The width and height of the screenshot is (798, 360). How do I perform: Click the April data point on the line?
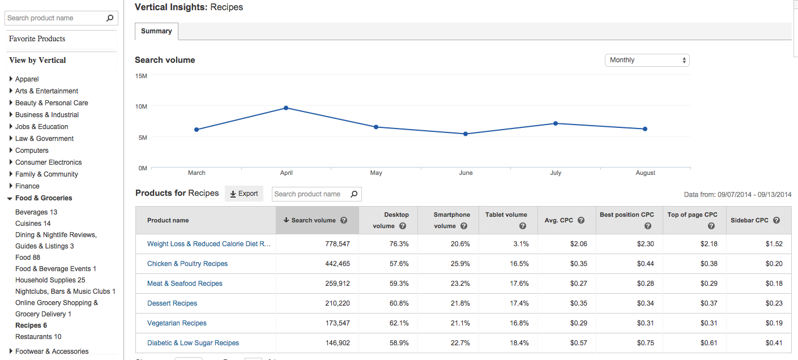click(286, 108)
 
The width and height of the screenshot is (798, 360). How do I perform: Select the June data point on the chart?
click(466, 134)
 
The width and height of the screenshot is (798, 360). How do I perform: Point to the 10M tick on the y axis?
click(141, 106)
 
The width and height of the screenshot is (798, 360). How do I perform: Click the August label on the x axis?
click(645, 173)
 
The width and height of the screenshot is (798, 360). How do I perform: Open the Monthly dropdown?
click(647, 60)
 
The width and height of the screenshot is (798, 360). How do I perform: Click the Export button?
click(244, 194)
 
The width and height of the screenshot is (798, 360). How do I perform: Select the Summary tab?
click(156, 31)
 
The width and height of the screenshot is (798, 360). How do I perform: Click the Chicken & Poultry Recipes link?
click(187, 264)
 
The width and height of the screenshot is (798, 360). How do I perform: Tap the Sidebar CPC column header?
click(749, 220)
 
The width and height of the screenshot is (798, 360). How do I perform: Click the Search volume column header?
click(313, 220)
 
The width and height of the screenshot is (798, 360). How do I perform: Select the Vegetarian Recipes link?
click(177, 323)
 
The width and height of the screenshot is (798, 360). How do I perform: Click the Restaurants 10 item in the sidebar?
click(39, 337)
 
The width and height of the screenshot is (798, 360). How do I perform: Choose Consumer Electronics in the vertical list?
click(48, 162)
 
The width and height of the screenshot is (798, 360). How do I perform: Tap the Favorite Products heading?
click(37, 39)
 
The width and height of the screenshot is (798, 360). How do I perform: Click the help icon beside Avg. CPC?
click(581, 220)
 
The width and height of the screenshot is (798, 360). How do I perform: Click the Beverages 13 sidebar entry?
click(36, 212)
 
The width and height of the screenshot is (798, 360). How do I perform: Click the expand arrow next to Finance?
click(11, 186)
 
